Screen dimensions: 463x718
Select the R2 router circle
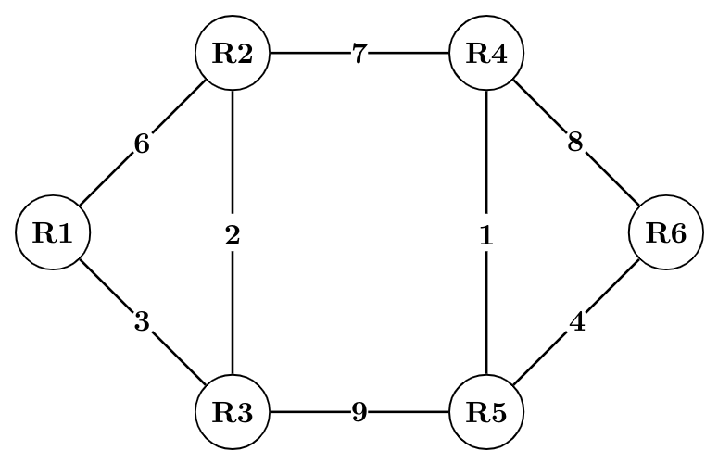tap(232, 53)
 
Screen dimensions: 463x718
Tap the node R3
tap(232, 412)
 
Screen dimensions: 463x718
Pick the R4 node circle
tap(486, 53)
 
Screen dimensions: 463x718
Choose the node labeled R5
tap(486, 412)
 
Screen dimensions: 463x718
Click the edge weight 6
tap(142, 144)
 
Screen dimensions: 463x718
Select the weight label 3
tap(142, 322)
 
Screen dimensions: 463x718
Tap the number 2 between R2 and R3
tap(232, 236)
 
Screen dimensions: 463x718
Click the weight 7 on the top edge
tap(359, 53)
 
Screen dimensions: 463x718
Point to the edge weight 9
tap(359, 412)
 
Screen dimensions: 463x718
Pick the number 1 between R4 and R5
tap(486, 236)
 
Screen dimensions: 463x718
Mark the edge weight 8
tap(575, 144)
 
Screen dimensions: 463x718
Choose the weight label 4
tap(576, 324)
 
